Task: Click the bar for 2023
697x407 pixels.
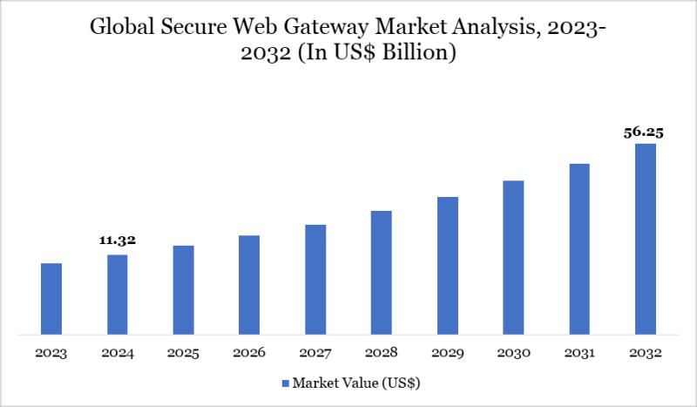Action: click(51, 298)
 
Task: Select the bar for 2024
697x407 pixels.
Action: click(118, 294)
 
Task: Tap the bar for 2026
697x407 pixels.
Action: click(249, 284)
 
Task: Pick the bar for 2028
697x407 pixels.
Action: click(382, 272)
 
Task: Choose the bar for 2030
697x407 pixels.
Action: click(513, 257)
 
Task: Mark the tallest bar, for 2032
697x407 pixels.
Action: click(645, 239)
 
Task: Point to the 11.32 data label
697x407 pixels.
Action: click(118, 241)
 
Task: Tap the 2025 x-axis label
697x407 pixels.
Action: click(184, 354)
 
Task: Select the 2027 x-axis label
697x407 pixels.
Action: click(315, 354)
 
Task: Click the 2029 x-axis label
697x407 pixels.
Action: click(447, 354)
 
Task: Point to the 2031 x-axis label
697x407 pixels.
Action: click(579, 354)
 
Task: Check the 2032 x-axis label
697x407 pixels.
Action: click(645, 354)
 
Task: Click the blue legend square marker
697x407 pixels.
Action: click(285, 383)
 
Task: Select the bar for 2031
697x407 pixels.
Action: click(579, 248)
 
